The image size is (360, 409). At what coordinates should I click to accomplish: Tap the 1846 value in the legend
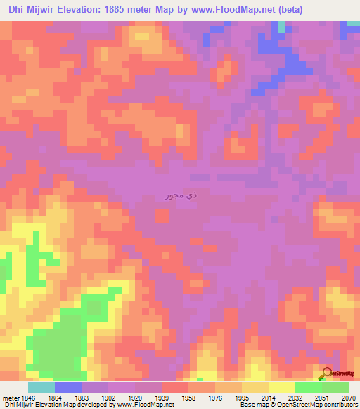(x=27, y=397)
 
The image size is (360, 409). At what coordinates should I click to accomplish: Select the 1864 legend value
(x=56, y=397)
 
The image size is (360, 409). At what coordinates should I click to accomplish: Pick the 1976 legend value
(x=216, y=397)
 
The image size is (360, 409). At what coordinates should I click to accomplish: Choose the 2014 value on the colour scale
(x=269, y=397)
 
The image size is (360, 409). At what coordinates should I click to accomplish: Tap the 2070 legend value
(x=349, y=397)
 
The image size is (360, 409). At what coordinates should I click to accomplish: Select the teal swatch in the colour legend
(x=41, y=387)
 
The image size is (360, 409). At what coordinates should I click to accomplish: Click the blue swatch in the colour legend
(x=67, y=387)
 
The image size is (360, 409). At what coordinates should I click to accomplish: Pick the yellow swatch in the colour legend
(x=281, y=387)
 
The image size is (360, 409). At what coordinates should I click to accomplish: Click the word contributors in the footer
(x=340, y=405)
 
